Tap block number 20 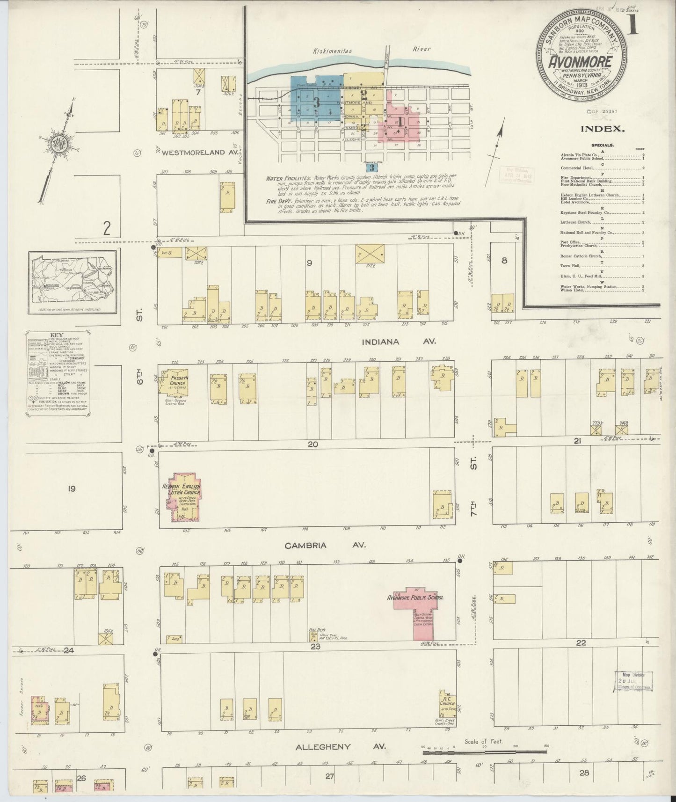coord(313,444)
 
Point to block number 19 coord(71,489)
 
